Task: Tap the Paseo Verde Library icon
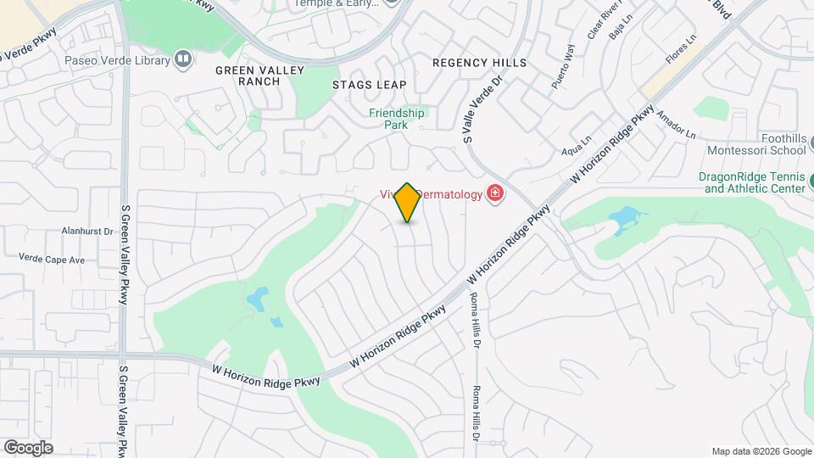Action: [182, 59]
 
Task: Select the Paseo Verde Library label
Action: [117, 60]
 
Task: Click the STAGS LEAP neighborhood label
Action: [369, 85]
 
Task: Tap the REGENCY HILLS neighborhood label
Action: [479, 63]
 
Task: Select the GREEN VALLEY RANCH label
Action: [248, 75]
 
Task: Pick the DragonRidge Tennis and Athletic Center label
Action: [751, 182]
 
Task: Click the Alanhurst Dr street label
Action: [87, 231]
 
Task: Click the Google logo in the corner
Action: [28, 448]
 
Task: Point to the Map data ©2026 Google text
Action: [761, 451]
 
